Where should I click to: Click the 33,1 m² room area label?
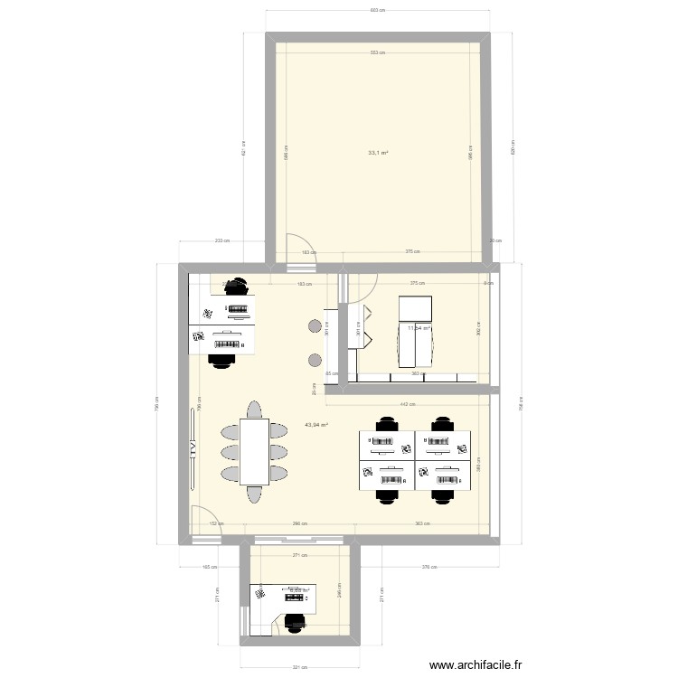point(378,153)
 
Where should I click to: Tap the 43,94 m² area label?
point(316,424)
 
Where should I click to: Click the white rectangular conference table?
point(254,450)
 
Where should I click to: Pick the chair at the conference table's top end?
point(254,410)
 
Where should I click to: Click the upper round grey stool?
point(314,327)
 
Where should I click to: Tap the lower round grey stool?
point(314,361)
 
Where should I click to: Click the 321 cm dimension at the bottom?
point(299,669)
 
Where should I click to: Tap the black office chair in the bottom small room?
point(295,623)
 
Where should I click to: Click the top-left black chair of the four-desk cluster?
point(388,423)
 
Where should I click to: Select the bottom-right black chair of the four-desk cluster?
point(442,494)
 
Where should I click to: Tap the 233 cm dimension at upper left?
point(221,240)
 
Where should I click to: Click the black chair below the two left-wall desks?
point(219,360)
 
